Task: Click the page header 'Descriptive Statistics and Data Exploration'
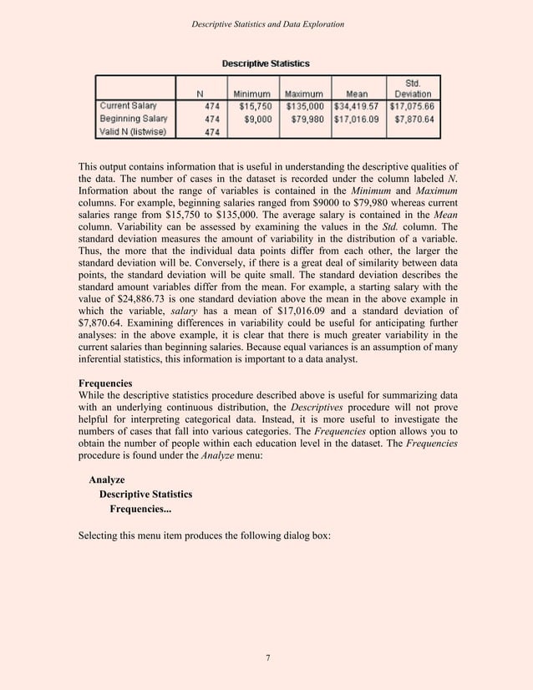coord(266,25)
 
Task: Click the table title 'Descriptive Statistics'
coord(265,63)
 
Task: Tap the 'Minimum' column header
coord(251,93)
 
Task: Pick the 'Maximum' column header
coord(304,93)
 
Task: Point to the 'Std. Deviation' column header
coord(412,88)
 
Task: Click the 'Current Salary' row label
coord(128,106)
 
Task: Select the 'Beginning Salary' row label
coord(133,119)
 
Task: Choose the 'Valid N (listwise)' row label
coord(133,131)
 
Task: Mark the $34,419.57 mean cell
coord(358,106)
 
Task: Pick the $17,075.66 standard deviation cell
coord(412,106)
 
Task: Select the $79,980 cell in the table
coord(308,119)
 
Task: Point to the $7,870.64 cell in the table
coord(415,119)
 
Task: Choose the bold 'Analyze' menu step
coord(107,479)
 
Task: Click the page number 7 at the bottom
coord(266,658)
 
